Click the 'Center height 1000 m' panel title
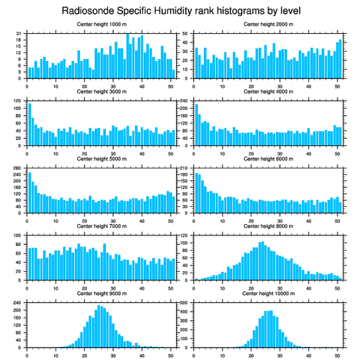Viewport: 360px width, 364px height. pyautogui.click(x=101, y=24)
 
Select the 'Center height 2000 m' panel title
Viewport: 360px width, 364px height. pyautogui.click(x=268, y=24)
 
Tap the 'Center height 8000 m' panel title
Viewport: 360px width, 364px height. pyautogui.click(x=268, y=226)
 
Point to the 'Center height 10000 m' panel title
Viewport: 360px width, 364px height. pyautogui.click(x=268, y=293)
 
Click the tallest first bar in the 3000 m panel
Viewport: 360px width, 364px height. pyautogui.click(x=30, y=124)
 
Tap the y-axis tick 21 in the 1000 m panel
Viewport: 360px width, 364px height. pyautogui.click(x=19, y=34)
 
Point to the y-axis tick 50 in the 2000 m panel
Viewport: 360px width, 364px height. pyautogui.click(x=185, y=34)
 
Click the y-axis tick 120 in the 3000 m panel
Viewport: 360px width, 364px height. pyautogui.click(x=17, y=101)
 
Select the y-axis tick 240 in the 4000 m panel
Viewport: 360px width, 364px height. pyautogui.click(x=184, y=101)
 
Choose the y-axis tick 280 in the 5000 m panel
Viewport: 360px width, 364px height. pyautogui.click(x=17, y=168)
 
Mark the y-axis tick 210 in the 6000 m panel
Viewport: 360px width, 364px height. pyautogui.click(x=184, y=168)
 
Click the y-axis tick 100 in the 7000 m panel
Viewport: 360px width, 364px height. pyautogui.click(x=17, y=235)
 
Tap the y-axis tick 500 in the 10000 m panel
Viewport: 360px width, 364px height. pyautogui.click(x=184, y=303)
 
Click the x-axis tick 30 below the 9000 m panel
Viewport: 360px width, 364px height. pyautogui.click(x=113, y=354)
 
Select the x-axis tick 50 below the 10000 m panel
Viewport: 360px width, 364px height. pyautogui.click(x=337, y=354)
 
